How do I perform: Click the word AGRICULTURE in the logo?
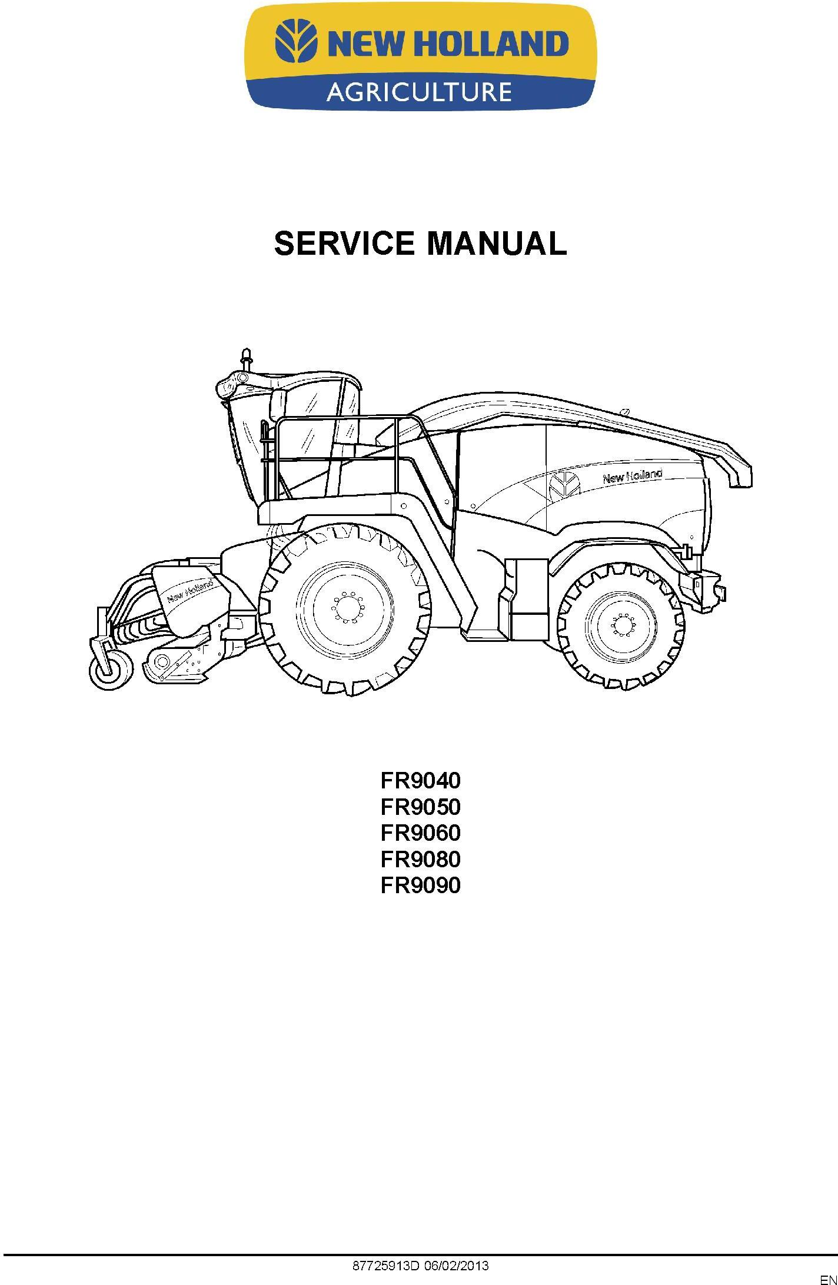click(418, 92)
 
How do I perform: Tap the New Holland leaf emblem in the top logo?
click(297, 41)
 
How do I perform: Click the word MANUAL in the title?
click(496, 243)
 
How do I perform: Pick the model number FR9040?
click(420, 781)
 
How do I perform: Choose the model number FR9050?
click(420, 807)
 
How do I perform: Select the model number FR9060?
click(420, 833)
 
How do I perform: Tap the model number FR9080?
click(420, 860)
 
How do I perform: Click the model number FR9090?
click(420, 885)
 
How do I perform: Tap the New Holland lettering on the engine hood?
click(631, 476)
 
